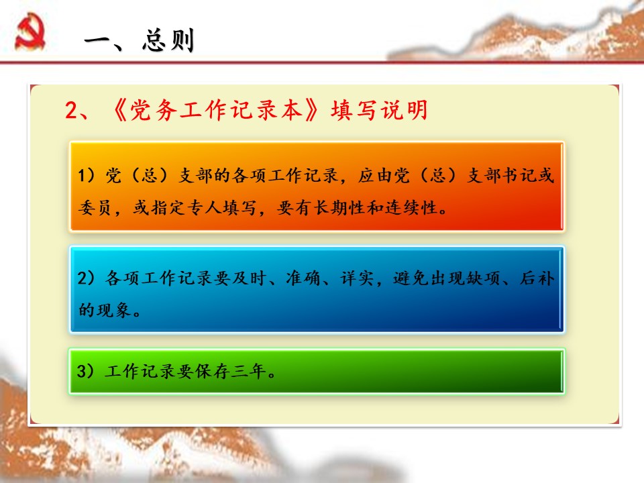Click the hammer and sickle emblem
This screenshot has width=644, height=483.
[x=30, y=32]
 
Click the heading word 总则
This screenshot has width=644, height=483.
[x=168, y=40]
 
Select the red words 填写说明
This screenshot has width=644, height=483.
[x=379, y=110]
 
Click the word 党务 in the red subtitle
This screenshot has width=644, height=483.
[x=154, y=110]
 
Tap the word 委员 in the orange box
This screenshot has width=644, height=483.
[x=95, y=208]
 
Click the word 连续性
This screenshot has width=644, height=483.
[x=411, y=208]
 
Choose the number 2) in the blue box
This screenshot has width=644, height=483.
[x=86, y=278]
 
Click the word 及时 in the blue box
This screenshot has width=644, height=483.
[x=250, y=278]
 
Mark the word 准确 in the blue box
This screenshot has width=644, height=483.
[x=303, y=278]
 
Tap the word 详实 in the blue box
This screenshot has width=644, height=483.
[x=357, y=278]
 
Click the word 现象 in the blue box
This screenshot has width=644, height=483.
[x=114, y=310]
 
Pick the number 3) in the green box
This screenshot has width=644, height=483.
[x=85, y=371]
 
